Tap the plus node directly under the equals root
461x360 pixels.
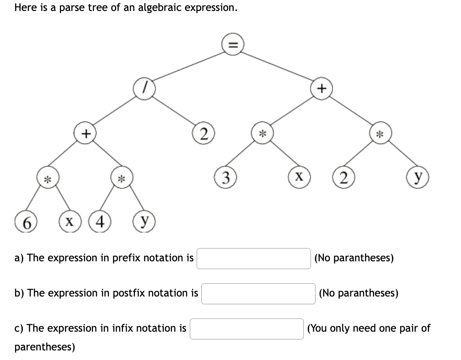(x=322, y=89)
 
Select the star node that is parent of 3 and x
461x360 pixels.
(x=262, y=133)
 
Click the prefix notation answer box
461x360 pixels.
(x=254, y=258)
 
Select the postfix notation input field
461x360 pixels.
(x=258, y=293)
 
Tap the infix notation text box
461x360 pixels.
(x=247, y=328)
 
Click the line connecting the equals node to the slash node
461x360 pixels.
(x=188, y=67)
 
